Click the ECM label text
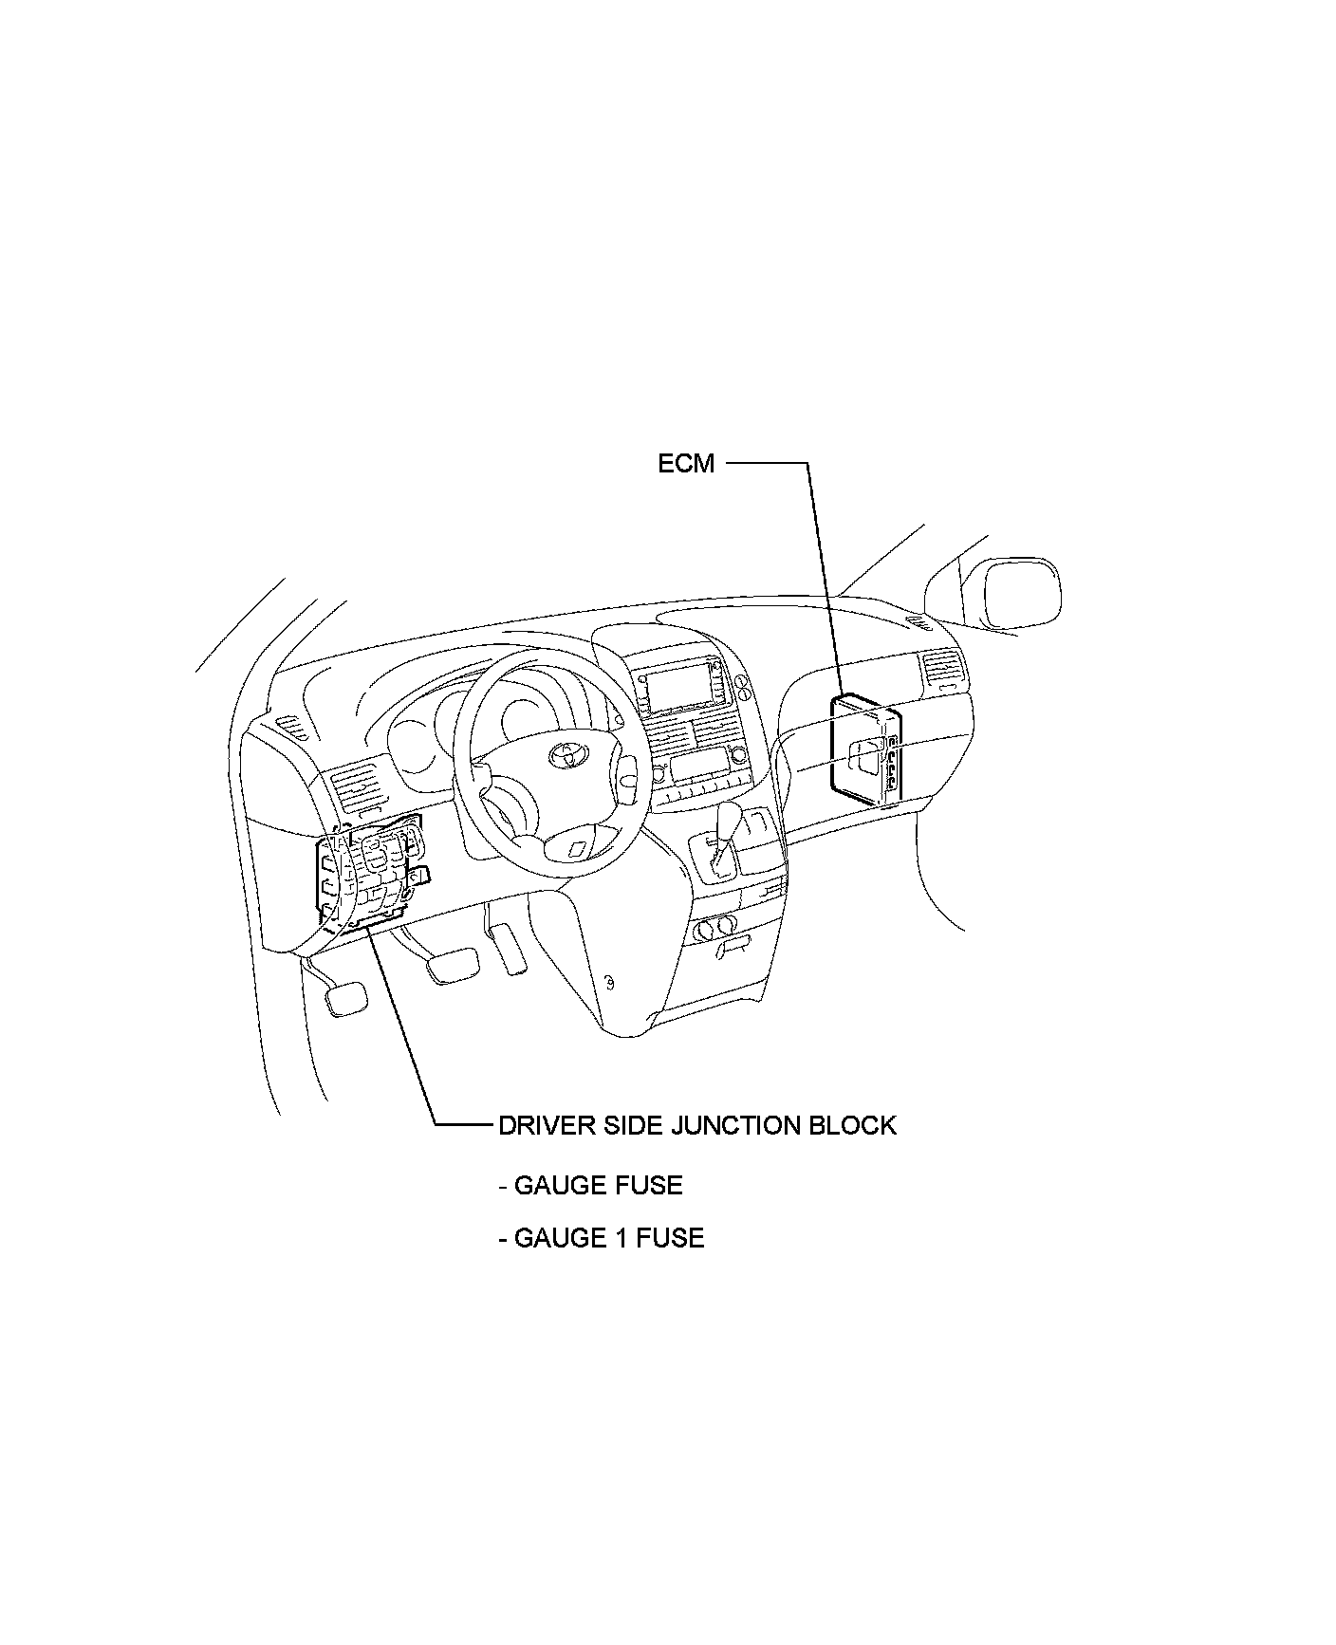click(686, 465)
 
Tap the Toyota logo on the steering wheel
click(567, 755)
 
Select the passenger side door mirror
click(1022, 594)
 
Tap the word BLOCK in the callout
click(852, 1125)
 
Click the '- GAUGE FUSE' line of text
click(590, 1185)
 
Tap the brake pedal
click(452, 965)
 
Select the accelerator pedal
click(510, 948)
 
